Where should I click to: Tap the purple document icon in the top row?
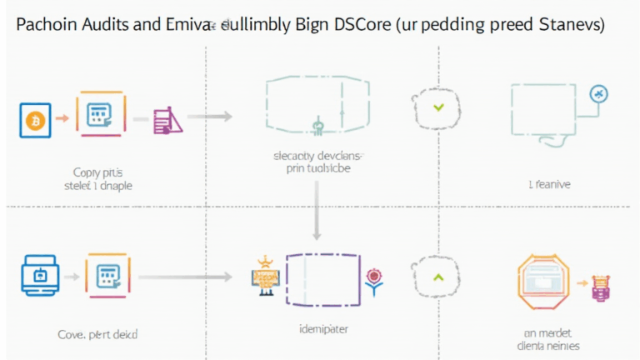click(x=167, y=121)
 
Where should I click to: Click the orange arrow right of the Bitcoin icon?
click(x=62, y=118)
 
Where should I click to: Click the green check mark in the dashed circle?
click(x=438, y=107)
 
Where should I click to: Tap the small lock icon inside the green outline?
click(x=317, y=127)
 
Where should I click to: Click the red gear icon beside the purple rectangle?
click(x=372, y=275)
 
